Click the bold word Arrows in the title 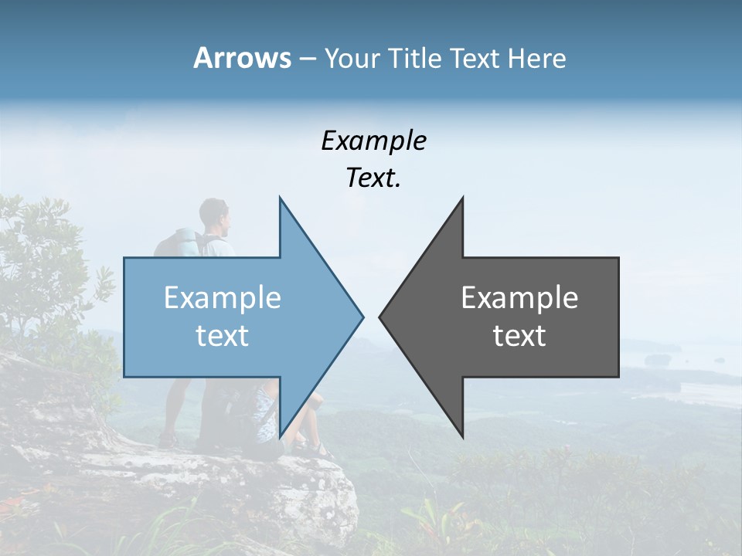242,58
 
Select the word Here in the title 536,59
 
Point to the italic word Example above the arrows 373,141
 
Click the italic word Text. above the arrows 373,178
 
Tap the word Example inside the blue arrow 223,298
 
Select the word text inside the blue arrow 223,336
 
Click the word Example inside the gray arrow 519,298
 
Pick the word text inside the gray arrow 519,336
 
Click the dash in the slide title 307,59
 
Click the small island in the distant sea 658,359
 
